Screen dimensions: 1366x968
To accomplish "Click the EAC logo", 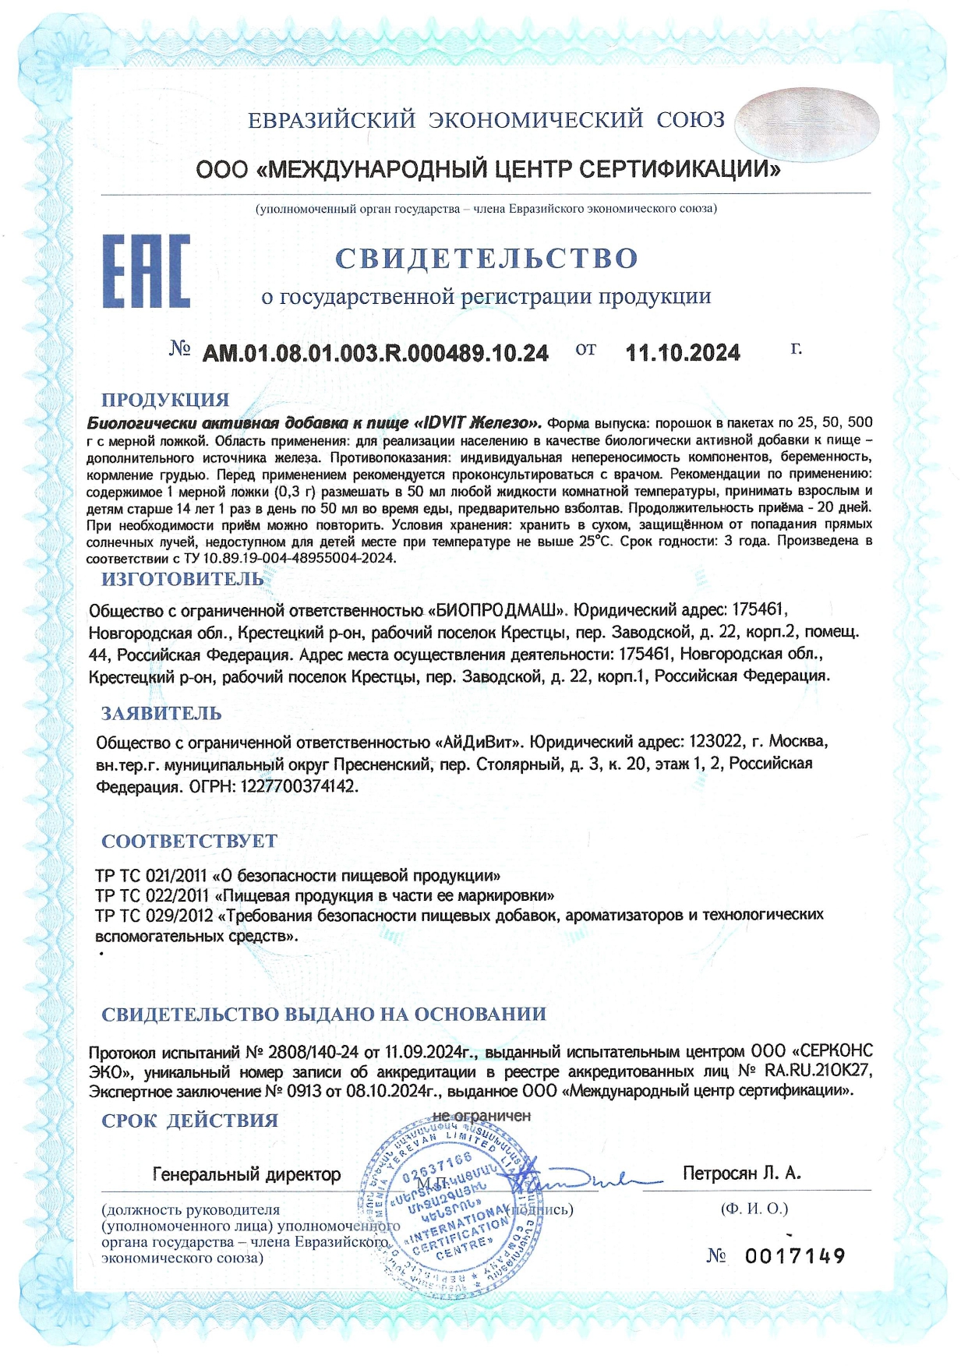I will click(x=147, y=270).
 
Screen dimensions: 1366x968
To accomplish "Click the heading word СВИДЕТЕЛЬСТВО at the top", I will click(x=486, y=258).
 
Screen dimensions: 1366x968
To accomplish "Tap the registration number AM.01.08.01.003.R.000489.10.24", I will click(x=375, y=353).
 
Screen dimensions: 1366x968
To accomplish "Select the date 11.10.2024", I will click(x=683, y=353).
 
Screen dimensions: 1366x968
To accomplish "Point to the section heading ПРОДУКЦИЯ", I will click(x=165, y=400).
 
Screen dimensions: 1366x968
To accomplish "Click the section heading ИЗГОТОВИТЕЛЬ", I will click(x=182, y=579).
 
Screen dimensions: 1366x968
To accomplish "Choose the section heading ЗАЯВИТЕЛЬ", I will click(x=161, y=713).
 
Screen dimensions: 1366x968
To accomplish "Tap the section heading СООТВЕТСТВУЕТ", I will click(x=189, y=841).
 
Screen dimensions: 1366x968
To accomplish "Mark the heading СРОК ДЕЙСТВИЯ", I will click(x=189, y=1121).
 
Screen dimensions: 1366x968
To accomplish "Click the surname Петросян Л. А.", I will click(x=741, y=1173).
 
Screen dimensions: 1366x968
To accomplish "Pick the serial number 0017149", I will click(x=794, y=1256).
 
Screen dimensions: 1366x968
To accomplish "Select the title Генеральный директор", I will click(x=246, y=1174).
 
